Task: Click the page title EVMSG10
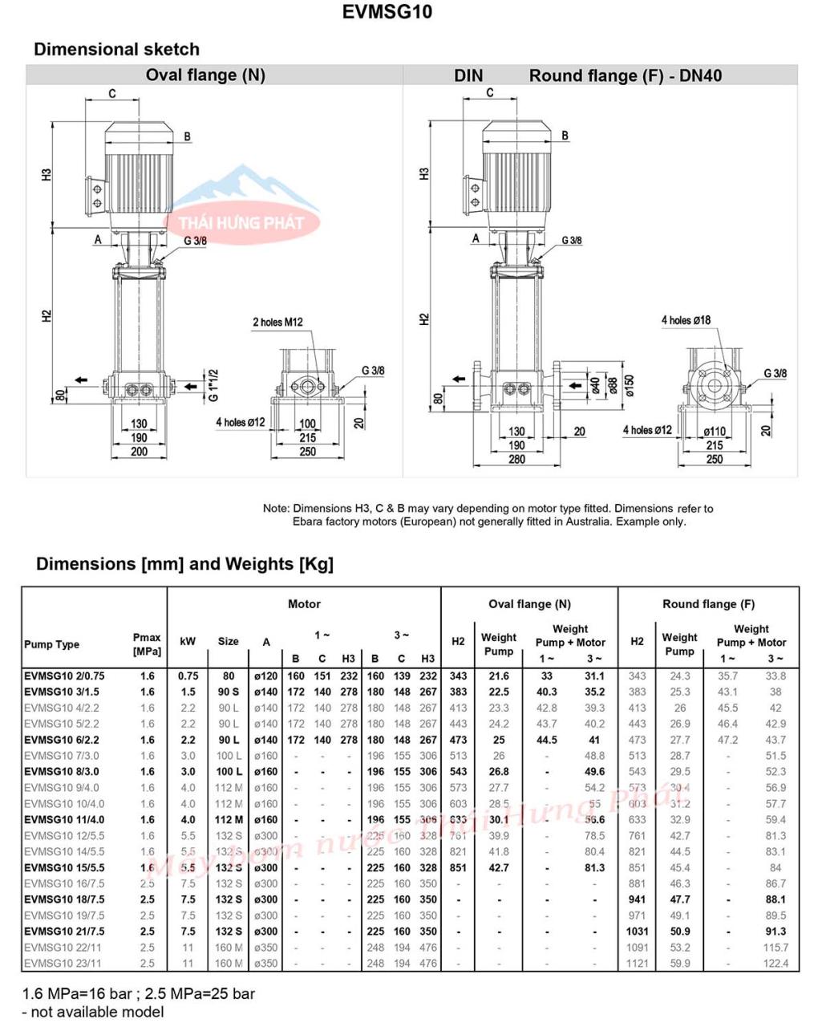(387, 13)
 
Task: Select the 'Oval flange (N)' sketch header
(205, 75)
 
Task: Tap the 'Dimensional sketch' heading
(116, 49)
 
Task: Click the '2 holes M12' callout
(277, 323)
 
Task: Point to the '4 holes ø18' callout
(686, 320)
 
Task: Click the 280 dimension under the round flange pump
(516, 459)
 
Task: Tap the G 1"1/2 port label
(213, 385)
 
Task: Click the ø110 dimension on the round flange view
(714, 432)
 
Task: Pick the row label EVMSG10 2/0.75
(64, 676)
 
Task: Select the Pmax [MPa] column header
(147, 644)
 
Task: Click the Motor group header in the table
(304, 604)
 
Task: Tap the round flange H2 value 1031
(637, 932)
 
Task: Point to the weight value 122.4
(775, 964)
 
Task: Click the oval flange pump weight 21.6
(499, 676)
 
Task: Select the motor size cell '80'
(229, 676)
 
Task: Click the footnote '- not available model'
(93, 1012)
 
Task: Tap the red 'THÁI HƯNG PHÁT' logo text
(241, 223)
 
